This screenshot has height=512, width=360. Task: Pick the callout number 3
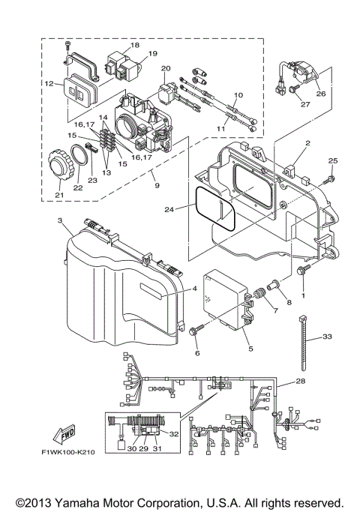59,222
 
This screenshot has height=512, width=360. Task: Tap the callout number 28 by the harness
301,382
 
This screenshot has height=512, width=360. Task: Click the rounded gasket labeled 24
217,208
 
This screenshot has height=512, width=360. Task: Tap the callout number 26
321,94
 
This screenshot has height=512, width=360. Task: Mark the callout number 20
166,69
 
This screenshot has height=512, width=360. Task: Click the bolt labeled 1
303,271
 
